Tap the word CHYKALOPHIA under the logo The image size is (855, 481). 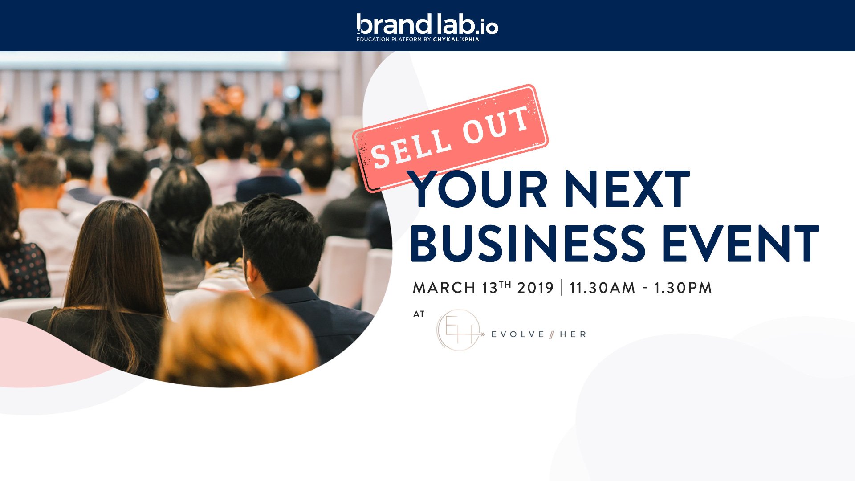coord(456,39)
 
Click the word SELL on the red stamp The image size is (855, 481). coord(410,149)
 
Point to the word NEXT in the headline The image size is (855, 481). coord(627,189)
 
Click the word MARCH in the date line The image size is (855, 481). coord(444,288)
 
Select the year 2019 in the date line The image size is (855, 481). coord(535,288)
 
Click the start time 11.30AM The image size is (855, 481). coord(602,288)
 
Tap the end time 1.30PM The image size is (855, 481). coord(683,288)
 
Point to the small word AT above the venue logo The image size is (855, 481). coord(419,314)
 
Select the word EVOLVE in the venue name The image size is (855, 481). coord(517,334)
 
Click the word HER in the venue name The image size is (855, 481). coord(573,334)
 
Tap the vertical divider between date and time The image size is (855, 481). coord(562,287)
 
